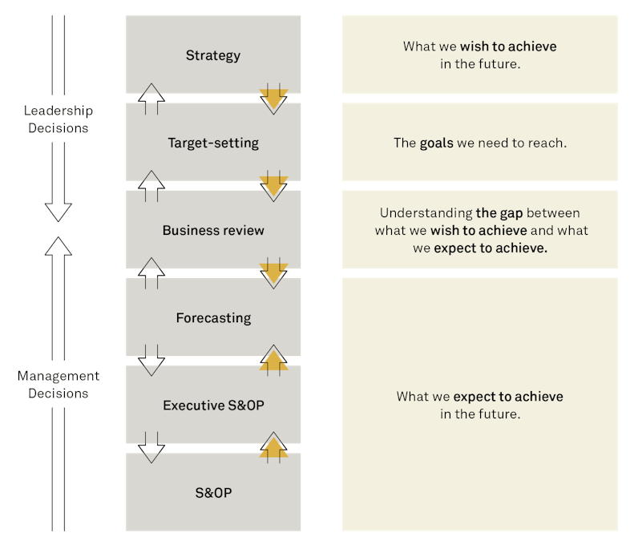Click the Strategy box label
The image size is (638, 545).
coord(213,55)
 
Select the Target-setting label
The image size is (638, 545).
coord(213,143)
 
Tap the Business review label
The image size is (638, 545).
coord(213,230)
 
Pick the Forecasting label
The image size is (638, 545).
coord(213,317)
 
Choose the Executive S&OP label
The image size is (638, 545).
coord(213,405)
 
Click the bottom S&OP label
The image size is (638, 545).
coord(213,493)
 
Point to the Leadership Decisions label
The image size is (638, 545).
coord(58,119)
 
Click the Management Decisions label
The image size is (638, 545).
coord(58,384)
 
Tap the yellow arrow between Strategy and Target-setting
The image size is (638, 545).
coord(273,99)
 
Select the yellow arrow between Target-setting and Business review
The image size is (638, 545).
coord(273,186)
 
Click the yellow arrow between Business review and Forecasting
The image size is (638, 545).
coord(273,273)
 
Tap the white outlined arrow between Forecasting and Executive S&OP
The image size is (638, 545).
coord(151,361)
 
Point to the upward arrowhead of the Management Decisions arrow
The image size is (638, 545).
coord(58,245)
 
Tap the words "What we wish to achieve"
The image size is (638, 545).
coord(479,46)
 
